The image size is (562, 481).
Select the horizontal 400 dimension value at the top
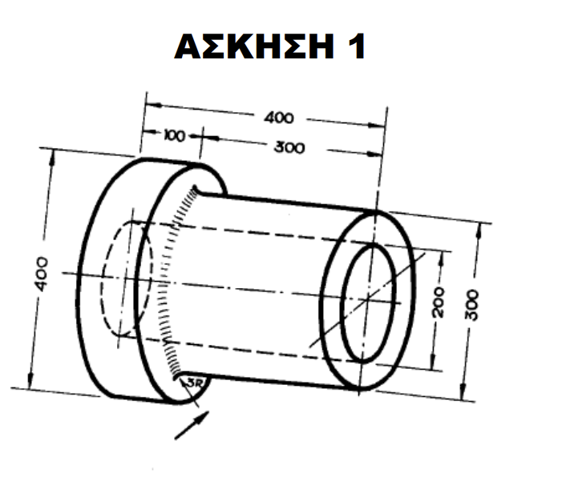(x=279, y=118)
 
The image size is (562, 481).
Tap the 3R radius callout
(x=193, y=383)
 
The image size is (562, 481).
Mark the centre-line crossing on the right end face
(x=367, y=298)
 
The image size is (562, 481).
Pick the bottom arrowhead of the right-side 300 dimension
(x=463, y=395)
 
